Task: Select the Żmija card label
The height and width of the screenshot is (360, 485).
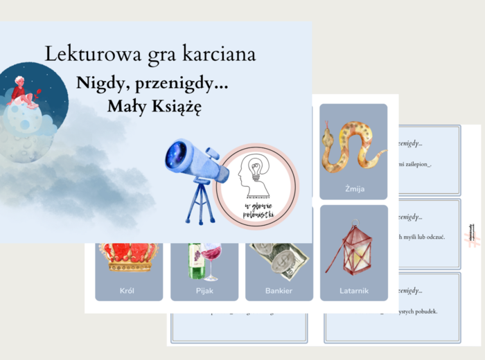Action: [353, 187]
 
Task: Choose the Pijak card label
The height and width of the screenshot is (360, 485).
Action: [204, 290]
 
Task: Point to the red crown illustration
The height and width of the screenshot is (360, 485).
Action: [130, 255]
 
